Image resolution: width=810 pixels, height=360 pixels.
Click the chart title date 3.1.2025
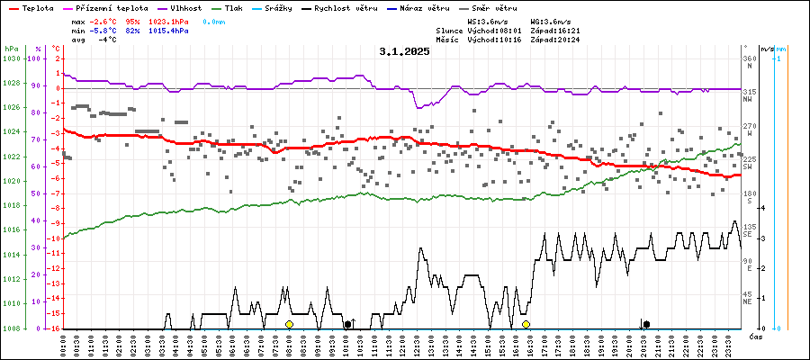pos(404,51)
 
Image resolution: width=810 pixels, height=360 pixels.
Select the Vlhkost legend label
pos(186,7)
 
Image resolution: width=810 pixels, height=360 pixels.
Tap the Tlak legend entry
pos(234,7)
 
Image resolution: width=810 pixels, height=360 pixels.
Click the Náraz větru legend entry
pos(425,7)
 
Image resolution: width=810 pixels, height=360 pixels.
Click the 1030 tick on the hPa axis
pos(12,58)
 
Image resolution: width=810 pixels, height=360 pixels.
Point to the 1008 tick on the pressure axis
pos(12,328)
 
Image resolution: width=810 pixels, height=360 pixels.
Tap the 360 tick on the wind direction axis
pos(749,58)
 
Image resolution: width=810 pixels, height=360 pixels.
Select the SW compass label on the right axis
pos(748,166)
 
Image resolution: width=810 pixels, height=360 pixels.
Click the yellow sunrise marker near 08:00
pos(289,324)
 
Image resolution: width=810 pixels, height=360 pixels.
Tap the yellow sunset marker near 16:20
pos(526,324)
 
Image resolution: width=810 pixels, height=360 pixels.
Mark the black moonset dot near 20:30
pos(646,324)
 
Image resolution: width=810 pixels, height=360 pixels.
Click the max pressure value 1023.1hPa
pos(169,21)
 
